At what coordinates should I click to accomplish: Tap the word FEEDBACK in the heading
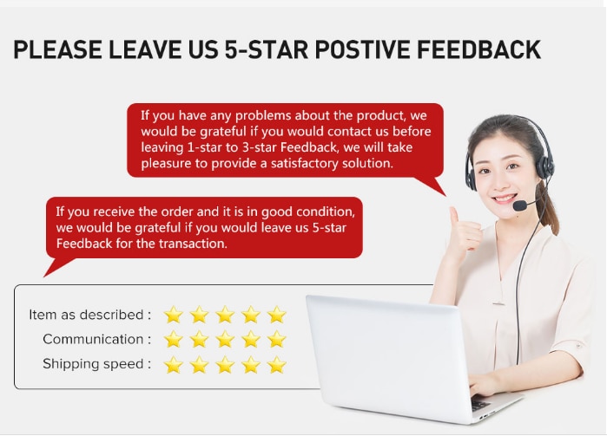pyautogui.click(x=478, y=49)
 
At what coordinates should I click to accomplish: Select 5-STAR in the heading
pyautogui.click(x=267, y=49)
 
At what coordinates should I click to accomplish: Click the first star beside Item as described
pyautogui.click(x=174, y=315)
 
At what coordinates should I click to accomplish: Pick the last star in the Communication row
pyautogui.click(x=277, y=340)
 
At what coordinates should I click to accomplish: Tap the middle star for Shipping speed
pyautogui.click(x=225, y=365)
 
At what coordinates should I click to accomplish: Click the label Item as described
pyautogui.click(x=89, y=315)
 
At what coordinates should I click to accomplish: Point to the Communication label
pyautogui.click(x=96, y=340)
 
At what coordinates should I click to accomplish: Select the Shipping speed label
pyautogui.click(x=96, y=364)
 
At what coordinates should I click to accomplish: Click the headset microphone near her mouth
pyautogui.click(x=520, y=205)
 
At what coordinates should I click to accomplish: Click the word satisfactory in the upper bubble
pyautogui.click(x=304, y=164)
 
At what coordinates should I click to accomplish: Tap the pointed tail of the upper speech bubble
pyautogui.click(x=445, y=195)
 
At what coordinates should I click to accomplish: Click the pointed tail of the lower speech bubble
pyautogui.click(x=44, y=276)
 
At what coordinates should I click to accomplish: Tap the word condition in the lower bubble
pyautogui.click(x=325, y=211)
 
